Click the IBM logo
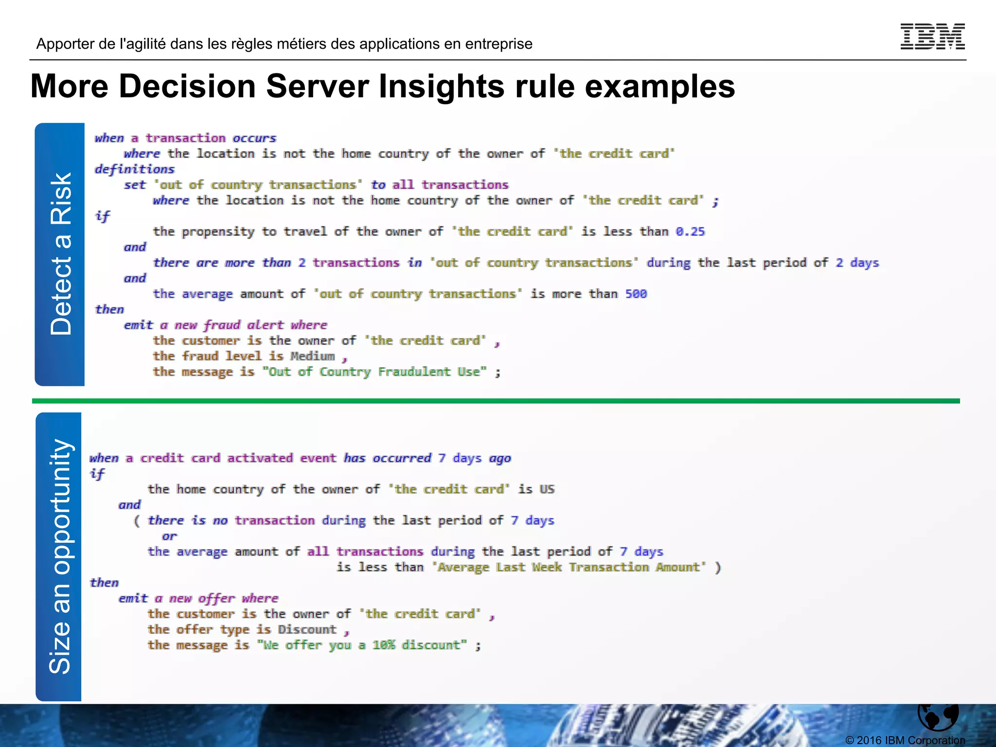[x=932, y=36]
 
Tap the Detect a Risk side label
[x=60, y=254]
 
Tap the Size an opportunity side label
[x=59, y=556]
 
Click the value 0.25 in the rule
[x=690, y=231]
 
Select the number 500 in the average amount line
[x=636, y=294]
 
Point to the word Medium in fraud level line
[x=313, y=356]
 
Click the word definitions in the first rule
[x=134, y=169]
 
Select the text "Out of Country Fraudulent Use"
[x=374, y=372]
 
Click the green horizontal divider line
[x=496, y=401]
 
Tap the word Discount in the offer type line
[x=307, y=629]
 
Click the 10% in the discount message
[x=383, y=645]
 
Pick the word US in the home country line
[x=547, y=489]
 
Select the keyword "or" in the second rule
[x=169, y=536]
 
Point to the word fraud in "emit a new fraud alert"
[x=222, y=325]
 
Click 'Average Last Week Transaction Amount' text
[x=569, y=567]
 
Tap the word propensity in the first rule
[x=218, y=232]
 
